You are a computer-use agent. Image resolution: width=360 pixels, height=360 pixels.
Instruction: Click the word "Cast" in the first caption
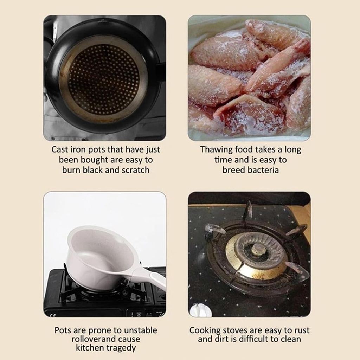tap(59, 149)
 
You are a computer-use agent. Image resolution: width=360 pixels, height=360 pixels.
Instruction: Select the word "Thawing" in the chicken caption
tap(216, 150)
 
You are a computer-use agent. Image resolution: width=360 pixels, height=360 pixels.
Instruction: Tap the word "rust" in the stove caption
tap(301, 330)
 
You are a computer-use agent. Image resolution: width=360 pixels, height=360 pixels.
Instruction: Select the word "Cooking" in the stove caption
tap(205, 331)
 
